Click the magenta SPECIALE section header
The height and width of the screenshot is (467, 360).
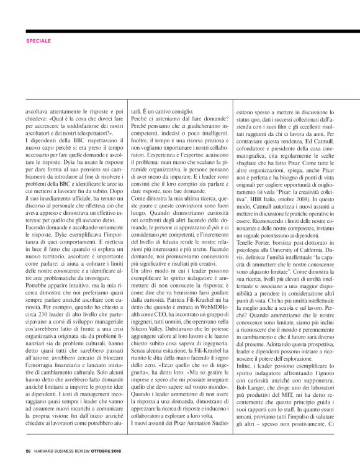click(38, 41)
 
